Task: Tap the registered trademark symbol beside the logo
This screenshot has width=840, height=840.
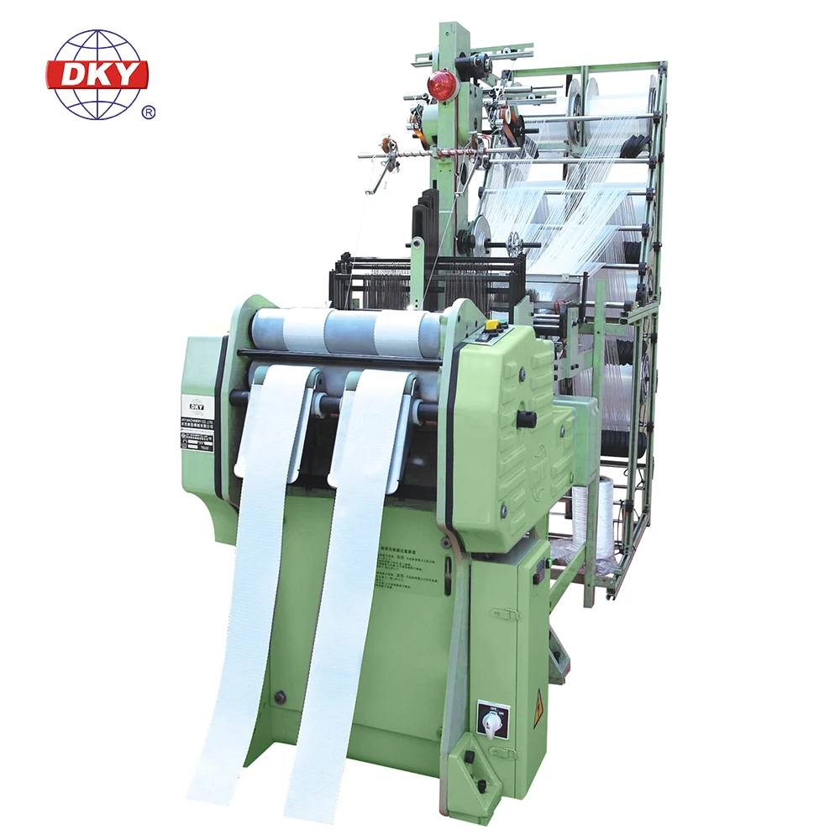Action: click(149, 112)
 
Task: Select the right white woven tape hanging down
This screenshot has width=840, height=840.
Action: click(336, 605)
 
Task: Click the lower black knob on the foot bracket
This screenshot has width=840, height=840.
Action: click(480, 786)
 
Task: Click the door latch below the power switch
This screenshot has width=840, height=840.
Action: click(505, 753)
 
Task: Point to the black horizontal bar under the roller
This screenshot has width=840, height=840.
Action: click(336, 358)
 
